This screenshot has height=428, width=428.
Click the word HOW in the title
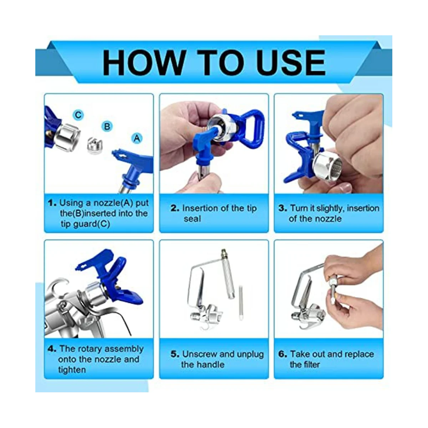144,62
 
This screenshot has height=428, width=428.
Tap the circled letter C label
78,115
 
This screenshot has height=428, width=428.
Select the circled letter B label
107,126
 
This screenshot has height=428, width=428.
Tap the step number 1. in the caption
52,203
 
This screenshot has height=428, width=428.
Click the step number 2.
175,208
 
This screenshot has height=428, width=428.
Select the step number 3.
283,208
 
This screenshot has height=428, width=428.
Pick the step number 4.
52,348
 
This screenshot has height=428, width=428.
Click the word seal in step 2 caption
192,219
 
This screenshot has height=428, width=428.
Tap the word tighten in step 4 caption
72,370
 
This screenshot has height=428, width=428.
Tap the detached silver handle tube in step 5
228,275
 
